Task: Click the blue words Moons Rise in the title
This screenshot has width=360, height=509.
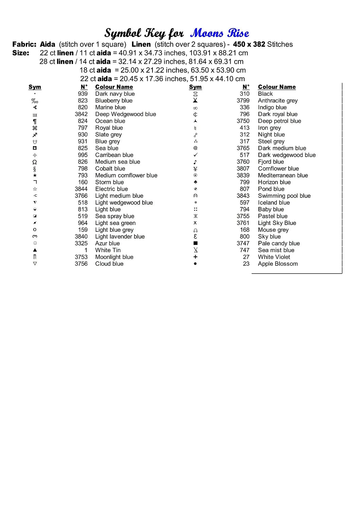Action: pyautogui.click(x=220, y=33)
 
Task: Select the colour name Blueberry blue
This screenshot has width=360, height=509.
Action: pyautogui.click(x=114, y=101)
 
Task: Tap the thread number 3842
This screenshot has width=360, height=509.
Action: pyautogui.click(x=81, y=114)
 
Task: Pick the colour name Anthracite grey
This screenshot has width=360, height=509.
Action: pyautogui.click(x=277, y=101)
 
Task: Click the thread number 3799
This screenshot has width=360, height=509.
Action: pyautogui.click(x=243, y=101)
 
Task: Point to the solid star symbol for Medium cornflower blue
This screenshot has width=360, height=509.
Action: pyautogui.click(x=35, y=175)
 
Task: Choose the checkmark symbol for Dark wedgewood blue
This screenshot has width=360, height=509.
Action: pyautogui.click(x=195, y=155)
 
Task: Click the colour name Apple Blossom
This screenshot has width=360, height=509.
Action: pyautogui.click(x=277, y=264)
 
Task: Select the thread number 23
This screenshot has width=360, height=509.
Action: pyautogui.click(x=246, y=264)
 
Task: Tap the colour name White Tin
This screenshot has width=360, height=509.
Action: pyautogui.click(x=108, y=250)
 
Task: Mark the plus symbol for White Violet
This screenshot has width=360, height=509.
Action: pyautogui.click(x=195, y=257)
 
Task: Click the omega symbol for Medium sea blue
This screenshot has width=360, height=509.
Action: pyautogui.click(x=35, y=162)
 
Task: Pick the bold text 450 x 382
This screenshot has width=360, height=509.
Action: pyautogui.click(x=249, y=44)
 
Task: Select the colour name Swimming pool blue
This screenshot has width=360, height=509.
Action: pyautogui.click(x=284, y=196)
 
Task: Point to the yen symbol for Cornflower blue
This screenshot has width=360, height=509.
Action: pyautogui.click(x=195, y=169)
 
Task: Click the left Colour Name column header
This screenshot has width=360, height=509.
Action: pyautogui.click(x=114, y=87)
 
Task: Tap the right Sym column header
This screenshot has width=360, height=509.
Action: pyautogui.click(x=195, y=87)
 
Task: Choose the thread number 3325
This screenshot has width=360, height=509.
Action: pyautogui.click(x=81, y=244)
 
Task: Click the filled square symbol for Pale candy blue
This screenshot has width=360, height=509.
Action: pyautogui.click(x=195, y=243)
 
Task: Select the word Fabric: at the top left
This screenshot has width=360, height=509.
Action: pyautogui.click(x=24, y=44)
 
